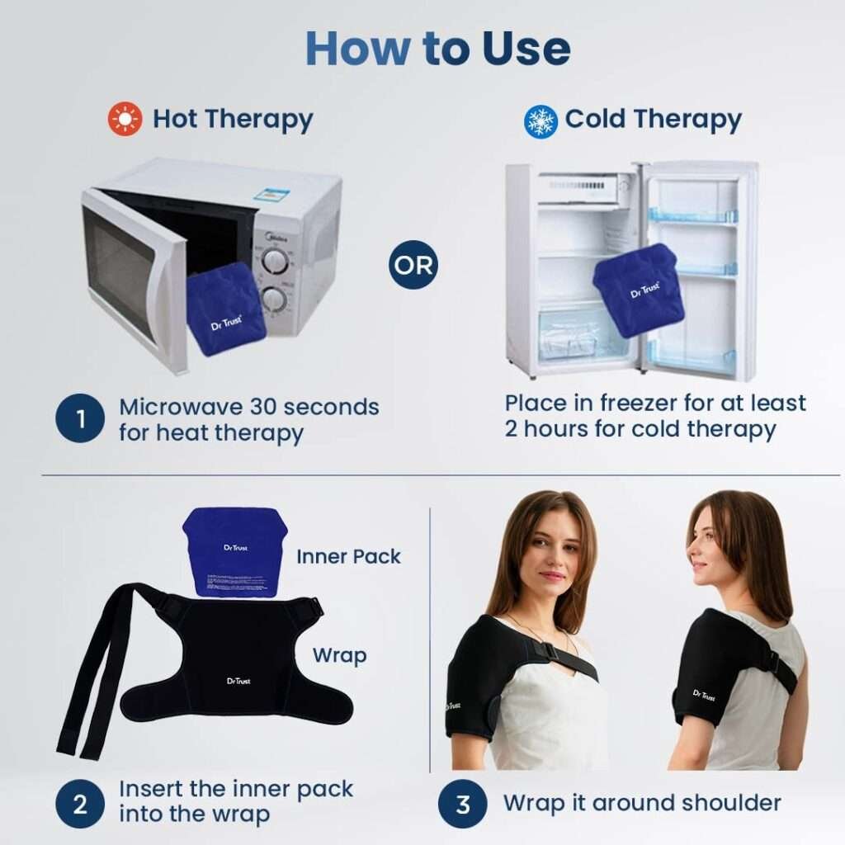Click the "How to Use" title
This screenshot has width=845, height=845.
[x=437, y=49]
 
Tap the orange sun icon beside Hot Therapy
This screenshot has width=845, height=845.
[x=125, y=120]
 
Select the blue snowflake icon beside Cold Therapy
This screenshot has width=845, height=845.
[x=541, y=120]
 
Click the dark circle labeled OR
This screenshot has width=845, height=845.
[x=413, y=265]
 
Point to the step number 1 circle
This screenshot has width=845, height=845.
[x=80, y=419]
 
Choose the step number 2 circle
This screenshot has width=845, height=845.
[x=80, y=804]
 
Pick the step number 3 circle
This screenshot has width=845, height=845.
[x=463, y=804]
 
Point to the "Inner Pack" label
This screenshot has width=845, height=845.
[x=348, y=556]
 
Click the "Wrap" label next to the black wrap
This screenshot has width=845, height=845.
[x=339, y=656]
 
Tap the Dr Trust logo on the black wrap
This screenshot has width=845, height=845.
[x=238, y=681]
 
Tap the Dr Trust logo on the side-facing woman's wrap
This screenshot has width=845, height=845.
[x=704, y=695]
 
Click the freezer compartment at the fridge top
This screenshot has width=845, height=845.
[x=582, y=188]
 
